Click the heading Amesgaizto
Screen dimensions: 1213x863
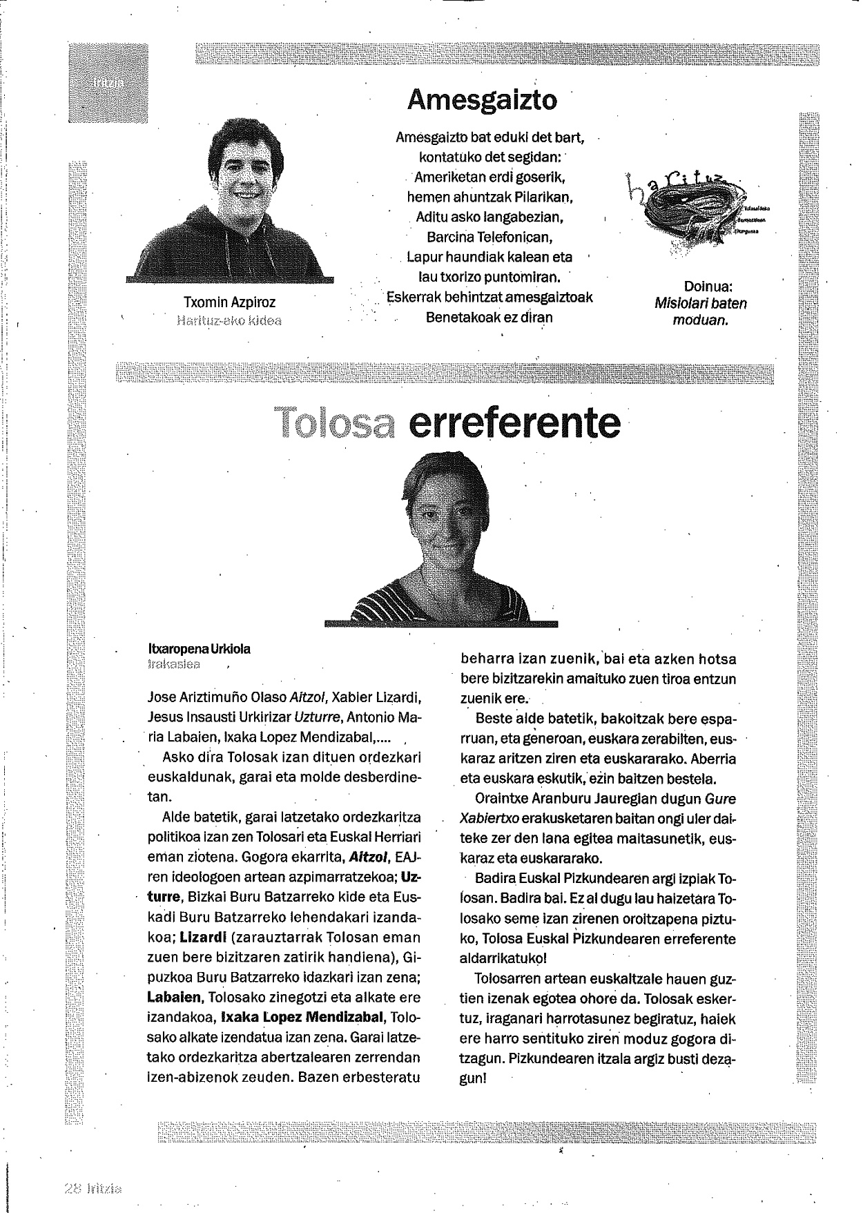(x=481, y=100)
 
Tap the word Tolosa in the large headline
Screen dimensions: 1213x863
(x=334, y=424)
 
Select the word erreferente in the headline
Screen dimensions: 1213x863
(x=514, y=424)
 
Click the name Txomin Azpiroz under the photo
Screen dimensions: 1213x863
(x=229, y=302)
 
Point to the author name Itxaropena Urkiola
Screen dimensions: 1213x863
(x=200, y=649)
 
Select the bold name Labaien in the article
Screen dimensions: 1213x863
(x=174, y=998)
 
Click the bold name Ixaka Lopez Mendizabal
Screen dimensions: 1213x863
(x=302, y=1018)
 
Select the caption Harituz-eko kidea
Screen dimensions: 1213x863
(x=229, y=320)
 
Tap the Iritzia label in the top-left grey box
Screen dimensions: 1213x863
(x=108, y=82)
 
